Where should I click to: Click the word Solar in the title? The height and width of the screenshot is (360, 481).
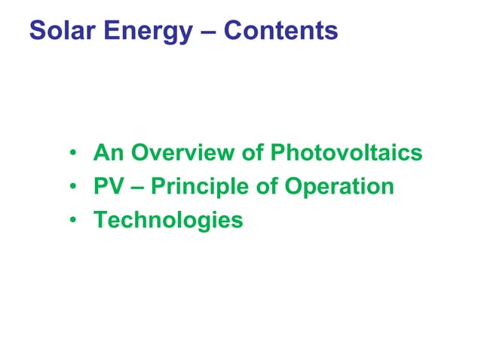click(60, 31)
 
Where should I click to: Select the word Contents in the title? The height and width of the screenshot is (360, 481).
click(281, 31)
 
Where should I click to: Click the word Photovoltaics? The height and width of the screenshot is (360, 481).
click(346, 154)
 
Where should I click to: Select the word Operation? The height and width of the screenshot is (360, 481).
click(339, 188)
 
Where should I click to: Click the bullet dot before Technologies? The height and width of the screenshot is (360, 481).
click(74, 221)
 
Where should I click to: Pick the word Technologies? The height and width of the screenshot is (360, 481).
click(168, 221)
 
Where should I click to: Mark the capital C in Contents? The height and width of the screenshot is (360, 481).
click(233, 31)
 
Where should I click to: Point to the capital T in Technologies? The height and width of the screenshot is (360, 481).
click(100, 220)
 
